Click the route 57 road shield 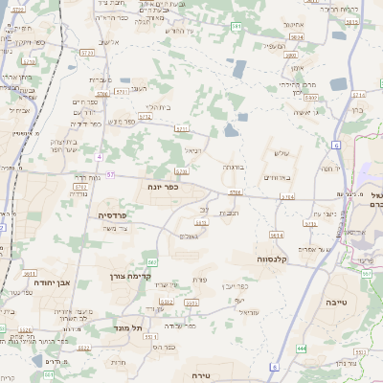point(110,175)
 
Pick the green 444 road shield point(302,349)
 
